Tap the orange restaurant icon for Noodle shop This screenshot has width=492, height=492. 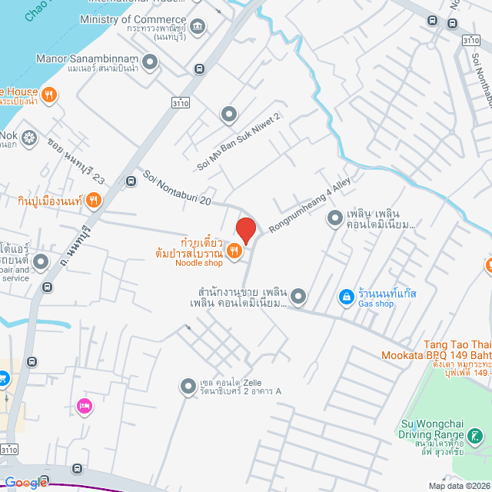[235, 251]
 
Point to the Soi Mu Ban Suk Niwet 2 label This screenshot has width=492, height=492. [239, 141]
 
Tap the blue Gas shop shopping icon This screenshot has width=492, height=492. [347, 296]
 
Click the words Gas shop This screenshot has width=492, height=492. [377, 304]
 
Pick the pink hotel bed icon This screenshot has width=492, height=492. [84, 405]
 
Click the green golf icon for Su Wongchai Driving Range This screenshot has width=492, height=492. [476, 437]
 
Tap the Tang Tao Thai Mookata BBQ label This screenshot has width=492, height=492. [437, 350]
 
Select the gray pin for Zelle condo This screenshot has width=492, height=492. [188, 387]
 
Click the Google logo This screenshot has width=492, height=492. [25, 483]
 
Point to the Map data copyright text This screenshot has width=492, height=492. [459, 486]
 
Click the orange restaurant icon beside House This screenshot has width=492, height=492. [49, 95]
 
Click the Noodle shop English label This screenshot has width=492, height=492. [199, 263]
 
